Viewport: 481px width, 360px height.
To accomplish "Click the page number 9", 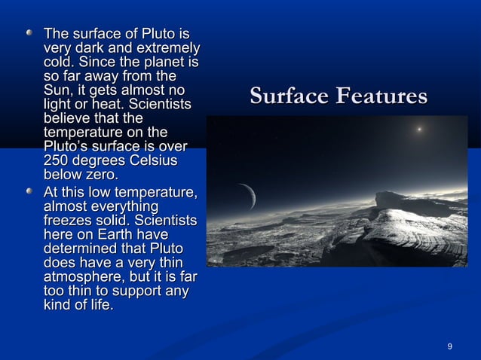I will point(450,346).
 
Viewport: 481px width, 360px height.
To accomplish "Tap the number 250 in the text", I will point(57,161).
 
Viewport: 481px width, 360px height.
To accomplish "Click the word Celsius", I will point(153,161).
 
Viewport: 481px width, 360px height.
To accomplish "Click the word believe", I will point(69,119).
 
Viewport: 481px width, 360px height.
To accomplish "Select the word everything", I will point(120,206).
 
